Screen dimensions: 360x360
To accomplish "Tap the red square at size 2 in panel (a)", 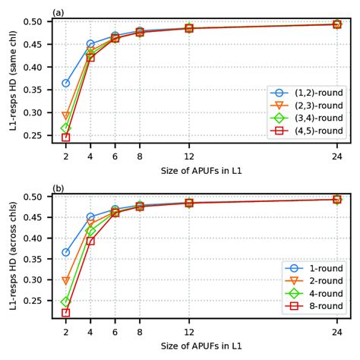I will (x=66, y=137).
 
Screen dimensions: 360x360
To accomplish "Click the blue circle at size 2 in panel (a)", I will (x=66, y=83).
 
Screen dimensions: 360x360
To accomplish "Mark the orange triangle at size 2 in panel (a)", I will (x=66, y=116).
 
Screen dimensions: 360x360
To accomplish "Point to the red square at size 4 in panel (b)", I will (x=90, y=241).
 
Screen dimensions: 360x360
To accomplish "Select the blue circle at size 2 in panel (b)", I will (x=66, y=252).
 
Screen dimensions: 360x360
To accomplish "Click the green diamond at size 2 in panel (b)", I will (x=66, y=302).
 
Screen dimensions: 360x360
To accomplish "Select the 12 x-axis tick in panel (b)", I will (x=188, y=331).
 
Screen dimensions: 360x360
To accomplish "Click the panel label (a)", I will (x=58, y=11).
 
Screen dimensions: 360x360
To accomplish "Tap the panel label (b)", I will (x=58, y=188).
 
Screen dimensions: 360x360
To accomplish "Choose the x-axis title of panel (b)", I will (x=201, y=346).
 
